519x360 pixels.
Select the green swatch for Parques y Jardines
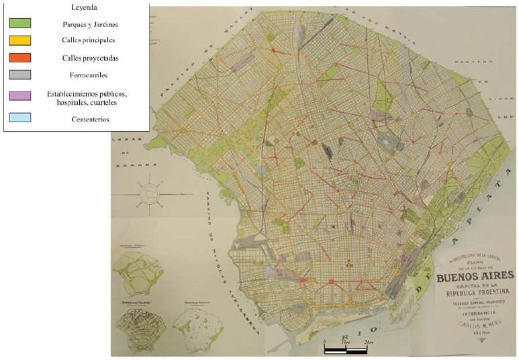20,24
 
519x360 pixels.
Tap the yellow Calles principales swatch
20,40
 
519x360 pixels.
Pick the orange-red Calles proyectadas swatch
20,57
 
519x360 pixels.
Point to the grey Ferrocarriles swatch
20,74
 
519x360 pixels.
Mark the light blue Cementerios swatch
20,118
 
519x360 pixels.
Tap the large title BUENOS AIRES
475,275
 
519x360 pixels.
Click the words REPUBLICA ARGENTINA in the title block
475,292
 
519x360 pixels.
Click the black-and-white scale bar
346,349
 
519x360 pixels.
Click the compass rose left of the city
152,195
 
